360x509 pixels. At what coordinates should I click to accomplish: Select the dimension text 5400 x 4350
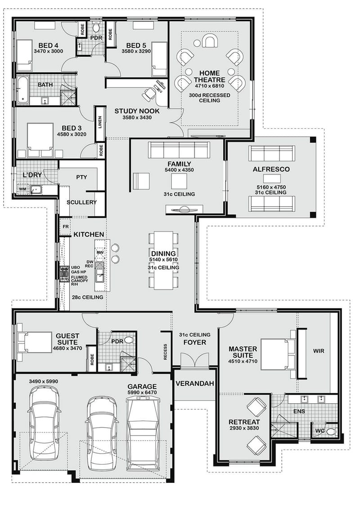[179, 171]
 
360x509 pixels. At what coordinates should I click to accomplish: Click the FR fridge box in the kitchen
[65, 226]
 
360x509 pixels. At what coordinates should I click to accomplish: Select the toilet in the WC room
[331, 432]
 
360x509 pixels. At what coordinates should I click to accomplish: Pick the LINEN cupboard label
[99, 122]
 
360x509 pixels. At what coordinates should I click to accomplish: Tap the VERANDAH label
[195, 384]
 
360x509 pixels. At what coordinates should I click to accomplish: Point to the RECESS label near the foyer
[165, 352]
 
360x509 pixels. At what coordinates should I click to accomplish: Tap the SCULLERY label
[81, 202]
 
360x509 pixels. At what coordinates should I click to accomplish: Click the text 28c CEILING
[88, 297]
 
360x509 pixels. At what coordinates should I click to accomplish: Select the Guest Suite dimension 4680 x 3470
[67, 348]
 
